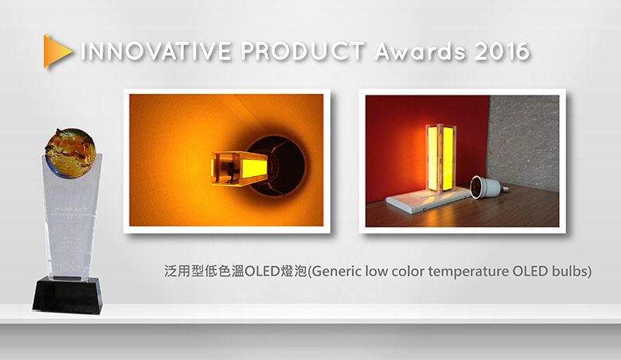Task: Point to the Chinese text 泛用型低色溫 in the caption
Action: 199,272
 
